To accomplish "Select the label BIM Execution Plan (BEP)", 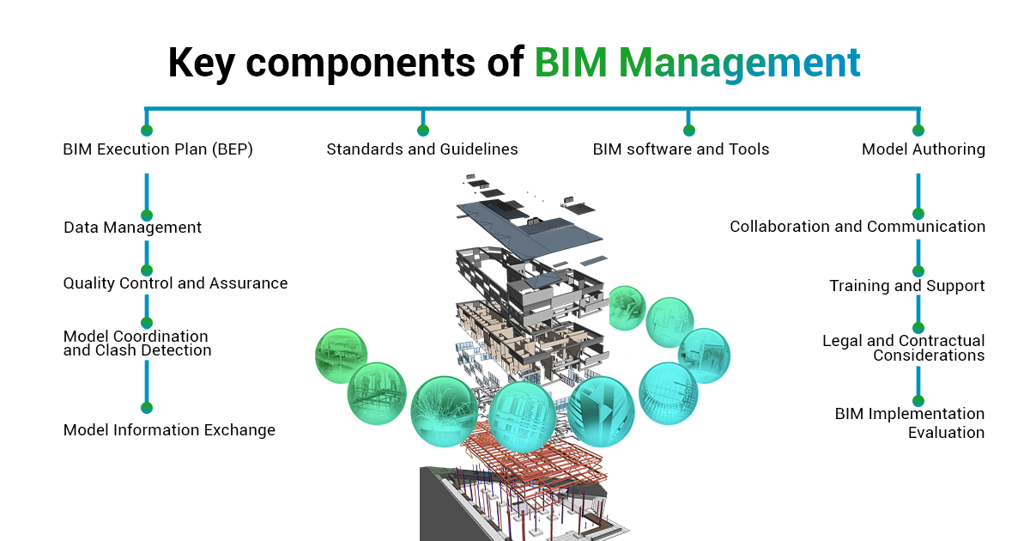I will (x=158, y=149).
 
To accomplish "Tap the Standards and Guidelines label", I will (x=422, y=149).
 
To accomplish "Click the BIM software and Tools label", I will (x=681, y=149).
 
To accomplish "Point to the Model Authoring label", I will (x=923, y=149).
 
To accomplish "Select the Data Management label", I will (x=132, y=228).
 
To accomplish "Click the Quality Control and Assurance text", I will (x=175, y=283).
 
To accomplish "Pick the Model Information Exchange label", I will (x=169, y=430).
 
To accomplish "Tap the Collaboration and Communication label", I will (x=857, y=227).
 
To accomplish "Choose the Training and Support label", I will (x=906, y=286).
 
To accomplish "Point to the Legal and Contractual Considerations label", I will (x=904, y=348).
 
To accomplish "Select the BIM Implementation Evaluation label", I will (x=910, y=422).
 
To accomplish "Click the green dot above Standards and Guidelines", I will (x=422, y=131).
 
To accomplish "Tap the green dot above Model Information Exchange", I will (x=147, y=408).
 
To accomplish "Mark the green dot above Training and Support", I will (x=918, y=271).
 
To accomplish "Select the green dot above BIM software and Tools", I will (x=688, y=131).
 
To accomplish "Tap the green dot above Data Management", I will (x=147, y=215).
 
